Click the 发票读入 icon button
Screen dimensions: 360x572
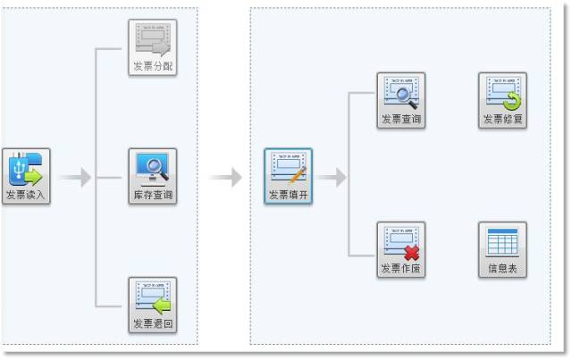[x=27, y=176]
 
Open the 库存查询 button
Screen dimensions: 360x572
[x=153, y=176]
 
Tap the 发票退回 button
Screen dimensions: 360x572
[x=153, y=305]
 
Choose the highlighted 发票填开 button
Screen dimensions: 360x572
[x=288, y=177]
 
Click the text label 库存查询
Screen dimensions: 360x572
[x=153, y=195]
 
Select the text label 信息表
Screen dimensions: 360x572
[x=502, y=269]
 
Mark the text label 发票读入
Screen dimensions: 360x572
[x=27, y=195]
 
